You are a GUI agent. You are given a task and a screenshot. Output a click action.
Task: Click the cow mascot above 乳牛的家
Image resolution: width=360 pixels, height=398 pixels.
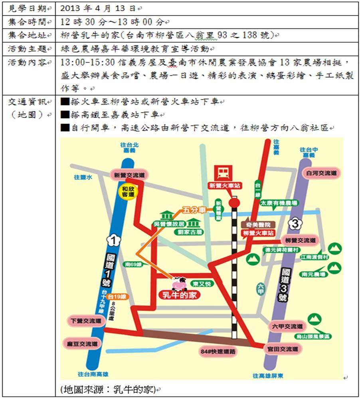(x=178, y=284)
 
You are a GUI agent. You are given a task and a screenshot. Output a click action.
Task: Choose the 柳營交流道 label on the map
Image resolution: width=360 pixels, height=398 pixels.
(x=300, y=241)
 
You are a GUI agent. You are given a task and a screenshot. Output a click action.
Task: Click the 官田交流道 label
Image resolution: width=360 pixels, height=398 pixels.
(x=283, y=349)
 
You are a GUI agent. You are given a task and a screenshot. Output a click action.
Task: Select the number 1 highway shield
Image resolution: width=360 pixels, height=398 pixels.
(x=113, y=240)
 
